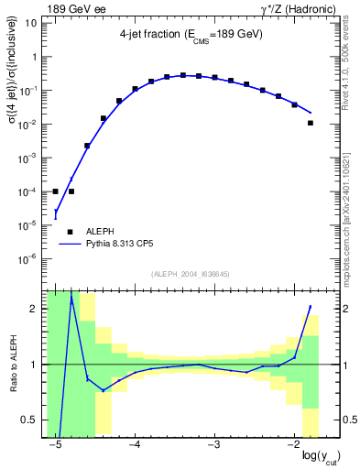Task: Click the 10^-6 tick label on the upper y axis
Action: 30,259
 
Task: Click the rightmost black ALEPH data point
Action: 311,123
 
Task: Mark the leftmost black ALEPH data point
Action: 55,191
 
